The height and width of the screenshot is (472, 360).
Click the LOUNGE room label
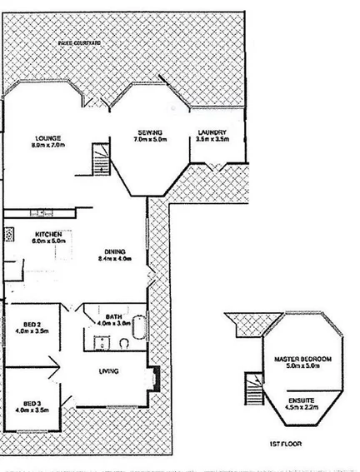[x=44, y=138]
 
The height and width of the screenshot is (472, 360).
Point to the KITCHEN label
[x=49, y=236]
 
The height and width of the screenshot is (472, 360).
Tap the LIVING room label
[x=109, y=371]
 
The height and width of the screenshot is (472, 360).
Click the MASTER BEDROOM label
[x=303, y=359]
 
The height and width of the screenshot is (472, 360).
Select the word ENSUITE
[x=303, y=400]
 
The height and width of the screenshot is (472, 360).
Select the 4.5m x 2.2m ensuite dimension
[x=303, y=407]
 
